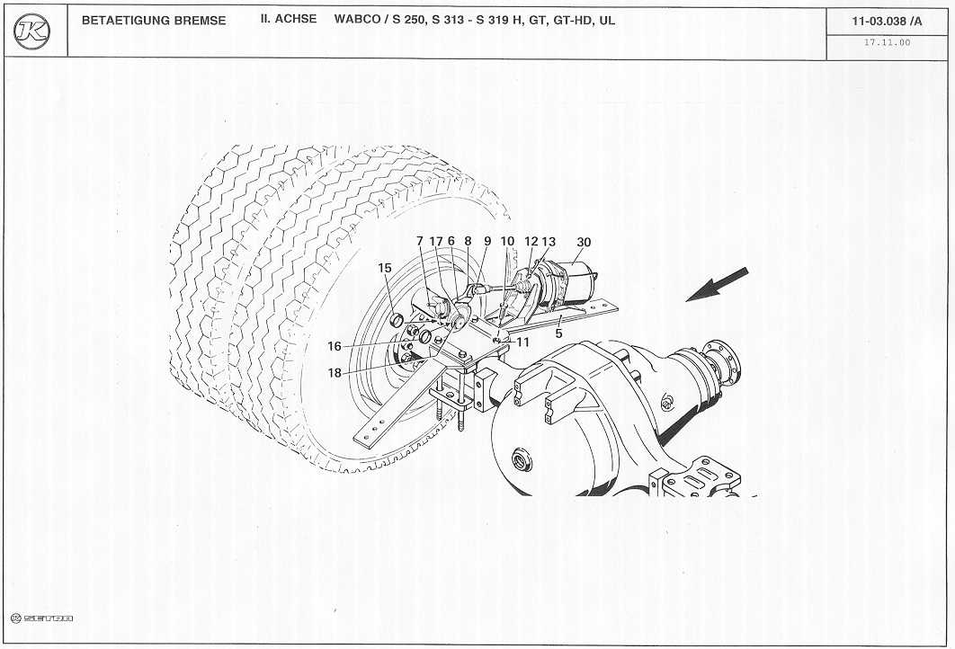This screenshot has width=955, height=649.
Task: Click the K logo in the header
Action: click(x=31, y=31)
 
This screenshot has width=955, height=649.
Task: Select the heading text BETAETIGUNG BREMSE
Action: click(x=154, y=20)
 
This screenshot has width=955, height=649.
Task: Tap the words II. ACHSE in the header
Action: click(x=289, y=19)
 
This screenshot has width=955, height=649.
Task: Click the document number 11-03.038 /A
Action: click(x=887, y=22)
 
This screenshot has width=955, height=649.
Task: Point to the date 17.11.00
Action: click(x=887, y=42)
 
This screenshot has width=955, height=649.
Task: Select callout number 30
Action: click(x=584, y=242)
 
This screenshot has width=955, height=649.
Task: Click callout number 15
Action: click(x=384, y=268)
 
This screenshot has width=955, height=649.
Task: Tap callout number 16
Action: click(x=335, y=346)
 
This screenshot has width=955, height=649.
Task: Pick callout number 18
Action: click(x=335, y=373)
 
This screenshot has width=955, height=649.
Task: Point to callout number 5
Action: click(x=558, y=333)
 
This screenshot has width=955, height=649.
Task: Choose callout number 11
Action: click(x=523, y=342)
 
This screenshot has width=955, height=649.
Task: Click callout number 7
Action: click(x=420, y=241)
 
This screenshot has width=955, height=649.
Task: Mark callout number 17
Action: click(x=436, y=241)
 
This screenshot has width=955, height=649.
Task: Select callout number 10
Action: click(x=507, y=241)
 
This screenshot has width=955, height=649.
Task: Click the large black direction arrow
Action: click(x=717, y=284)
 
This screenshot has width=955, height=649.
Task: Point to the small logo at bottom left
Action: click(x=42, y=618)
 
